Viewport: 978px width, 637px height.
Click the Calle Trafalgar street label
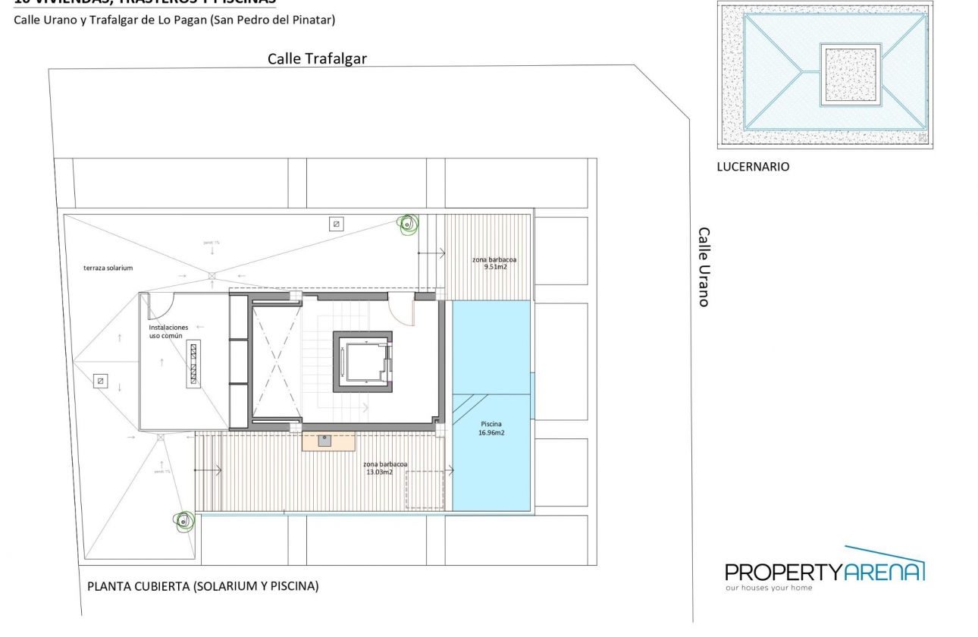coord(317,59)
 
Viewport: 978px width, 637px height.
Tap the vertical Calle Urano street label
coord(704,267)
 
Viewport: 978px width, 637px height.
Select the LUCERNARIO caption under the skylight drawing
coord(753,167)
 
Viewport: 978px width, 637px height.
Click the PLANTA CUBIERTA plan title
coord(203,586)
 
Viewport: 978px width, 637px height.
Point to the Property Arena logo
coord(825,569)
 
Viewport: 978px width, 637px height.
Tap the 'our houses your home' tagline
coord(768,588)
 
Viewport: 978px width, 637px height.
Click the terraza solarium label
coord(108,268)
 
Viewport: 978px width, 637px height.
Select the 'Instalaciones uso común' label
coord(168,331)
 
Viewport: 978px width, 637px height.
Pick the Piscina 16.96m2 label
coord(491,428)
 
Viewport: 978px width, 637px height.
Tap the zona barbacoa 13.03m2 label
coord(385,468)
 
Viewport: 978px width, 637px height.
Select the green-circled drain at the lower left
coord(183,520)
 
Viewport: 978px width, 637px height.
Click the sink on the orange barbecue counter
coord(324,441)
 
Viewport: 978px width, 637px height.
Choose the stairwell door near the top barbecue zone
coord(402,312)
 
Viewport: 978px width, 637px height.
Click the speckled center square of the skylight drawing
coord(851,74)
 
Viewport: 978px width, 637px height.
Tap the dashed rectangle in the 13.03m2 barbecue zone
coord(424,490)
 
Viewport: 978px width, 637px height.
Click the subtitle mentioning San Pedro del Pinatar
coord(174,20)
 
